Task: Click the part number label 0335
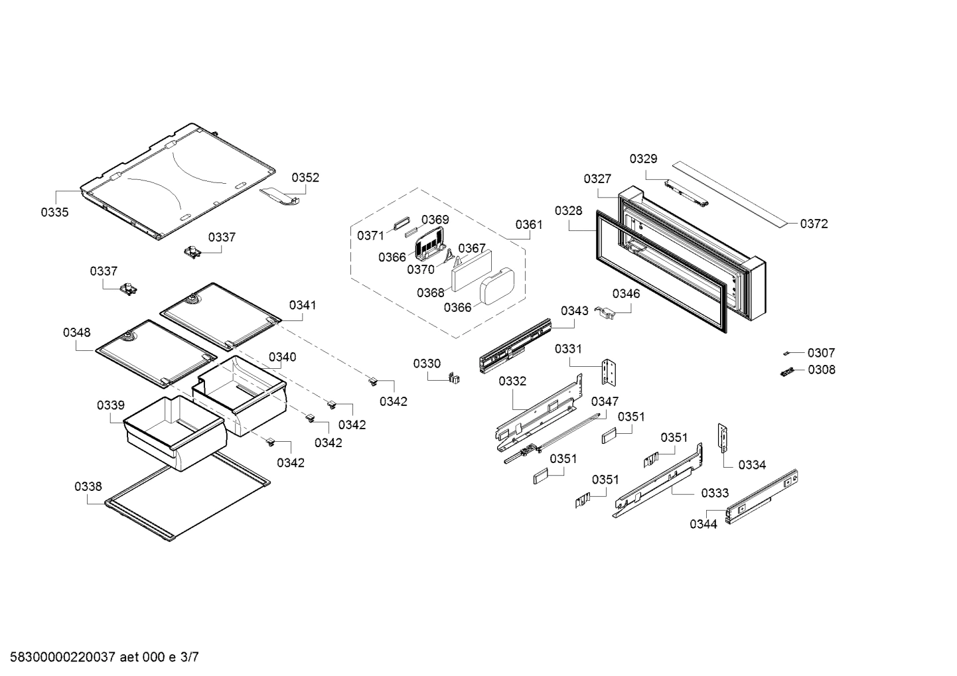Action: (x=54, y=212)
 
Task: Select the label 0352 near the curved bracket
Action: (x=305, y=177)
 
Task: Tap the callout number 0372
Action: (x=814, y=224)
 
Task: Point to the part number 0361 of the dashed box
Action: (x=529, y=224)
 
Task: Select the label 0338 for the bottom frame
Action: (x=88, y=486)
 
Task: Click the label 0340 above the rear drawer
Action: (x=283, y=357)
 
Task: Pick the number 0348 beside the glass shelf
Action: (x=77, y=332)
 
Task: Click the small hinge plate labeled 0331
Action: (x=610, y=373)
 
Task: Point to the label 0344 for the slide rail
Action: (x=703, y=524)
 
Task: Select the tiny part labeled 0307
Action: (x=788, y=353)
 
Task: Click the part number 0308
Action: (x=822, y=370)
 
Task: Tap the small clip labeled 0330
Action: (x=455, y=378)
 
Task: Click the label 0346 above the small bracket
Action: (x=626, y=293)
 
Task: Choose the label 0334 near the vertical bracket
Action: (x=752, y=464)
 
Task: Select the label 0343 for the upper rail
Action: (x=574, y=310)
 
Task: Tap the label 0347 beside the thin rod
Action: (x=605, y=401)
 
